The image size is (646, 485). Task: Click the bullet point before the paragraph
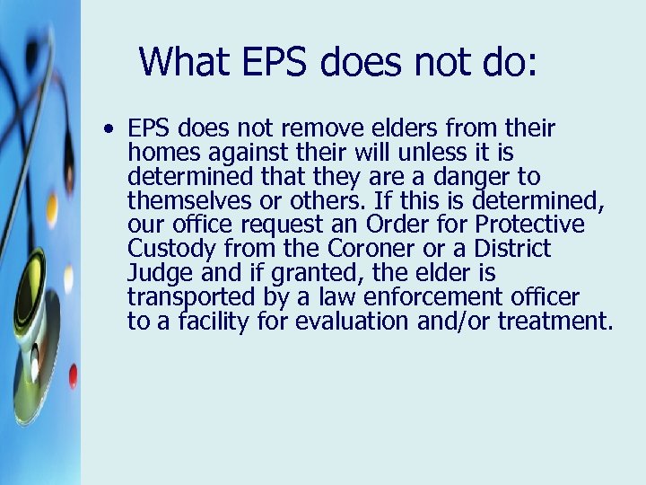tap(108, 129)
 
